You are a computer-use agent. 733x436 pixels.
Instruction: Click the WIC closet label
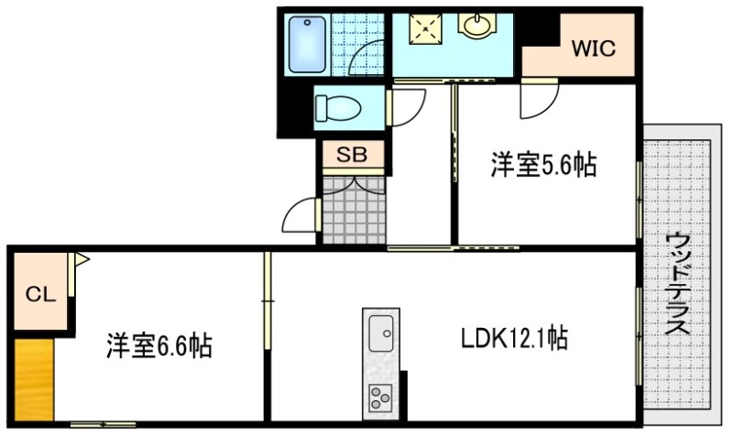(593, 49)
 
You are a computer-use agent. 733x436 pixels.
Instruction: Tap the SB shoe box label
(352, 155)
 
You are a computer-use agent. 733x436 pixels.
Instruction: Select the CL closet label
(40, 294)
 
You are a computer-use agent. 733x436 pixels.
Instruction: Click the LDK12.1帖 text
(513, 340)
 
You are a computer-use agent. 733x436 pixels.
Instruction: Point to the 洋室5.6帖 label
(543, 166)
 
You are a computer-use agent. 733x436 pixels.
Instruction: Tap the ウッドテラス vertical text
(679, 285)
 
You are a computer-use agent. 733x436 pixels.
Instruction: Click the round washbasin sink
(476, 27)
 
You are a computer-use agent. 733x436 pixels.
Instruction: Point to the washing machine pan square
(424, 29)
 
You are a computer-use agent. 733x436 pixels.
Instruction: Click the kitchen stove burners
(379, 397)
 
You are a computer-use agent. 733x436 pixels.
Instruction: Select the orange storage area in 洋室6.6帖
(33, 377)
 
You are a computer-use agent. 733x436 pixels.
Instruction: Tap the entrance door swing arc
(300, 218)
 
